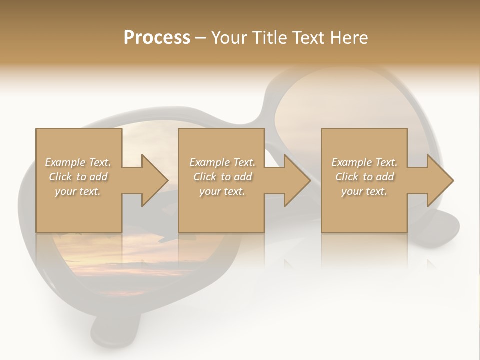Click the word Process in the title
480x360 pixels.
157,38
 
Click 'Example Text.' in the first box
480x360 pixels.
78,162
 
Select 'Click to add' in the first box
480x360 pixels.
78,177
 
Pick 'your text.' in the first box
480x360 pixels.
78,191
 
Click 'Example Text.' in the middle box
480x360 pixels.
222,162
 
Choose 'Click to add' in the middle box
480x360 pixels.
222,177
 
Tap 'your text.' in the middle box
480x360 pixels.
222,191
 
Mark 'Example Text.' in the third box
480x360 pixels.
364,162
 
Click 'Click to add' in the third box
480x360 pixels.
364,177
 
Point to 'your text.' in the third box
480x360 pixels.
364,191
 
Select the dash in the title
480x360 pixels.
200,38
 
